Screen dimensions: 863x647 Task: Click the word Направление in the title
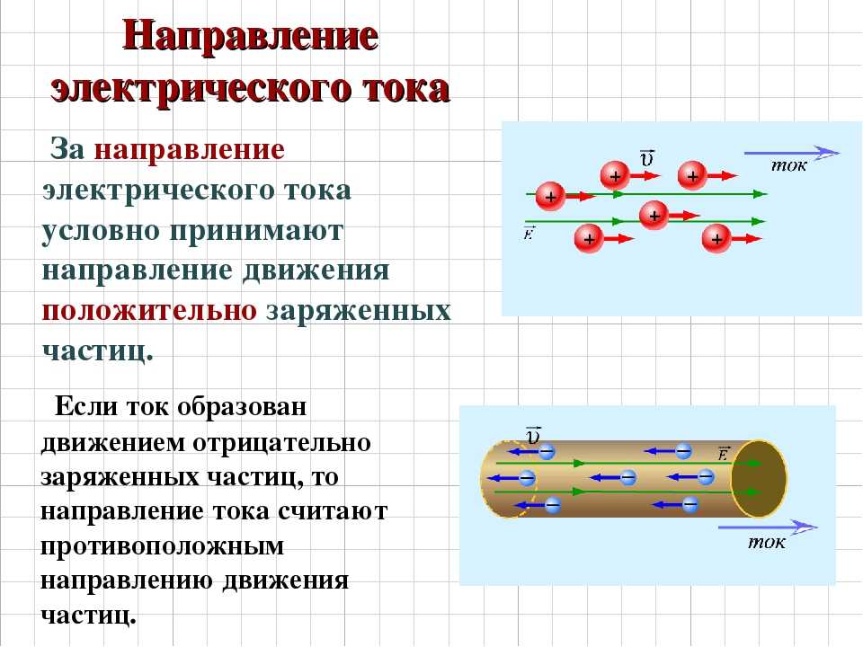click(251, 37)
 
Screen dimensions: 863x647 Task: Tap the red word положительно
click(149, 312)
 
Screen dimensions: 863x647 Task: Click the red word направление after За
click(190, 150)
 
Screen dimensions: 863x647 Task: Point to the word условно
click(102, 231)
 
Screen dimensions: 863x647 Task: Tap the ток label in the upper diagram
click(788, 165)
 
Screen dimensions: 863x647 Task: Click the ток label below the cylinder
click(766, 543)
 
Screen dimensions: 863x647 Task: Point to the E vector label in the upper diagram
click(529, 234)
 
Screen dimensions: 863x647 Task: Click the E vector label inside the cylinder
click(723, 453)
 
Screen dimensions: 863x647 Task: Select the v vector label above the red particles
click(646, 158)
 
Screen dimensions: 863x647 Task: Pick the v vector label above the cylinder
click(533, 435)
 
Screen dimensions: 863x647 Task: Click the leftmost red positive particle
click(550, 197)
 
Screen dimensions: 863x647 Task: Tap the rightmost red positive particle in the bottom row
click(716, 239)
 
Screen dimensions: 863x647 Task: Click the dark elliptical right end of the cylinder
click(759, 479)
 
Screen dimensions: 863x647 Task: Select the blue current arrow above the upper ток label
click(792, 153)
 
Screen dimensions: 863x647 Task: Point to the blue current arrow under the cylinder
click(768, 527)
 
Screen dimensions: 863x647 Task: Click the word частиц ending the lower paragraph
click(88, 616)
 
